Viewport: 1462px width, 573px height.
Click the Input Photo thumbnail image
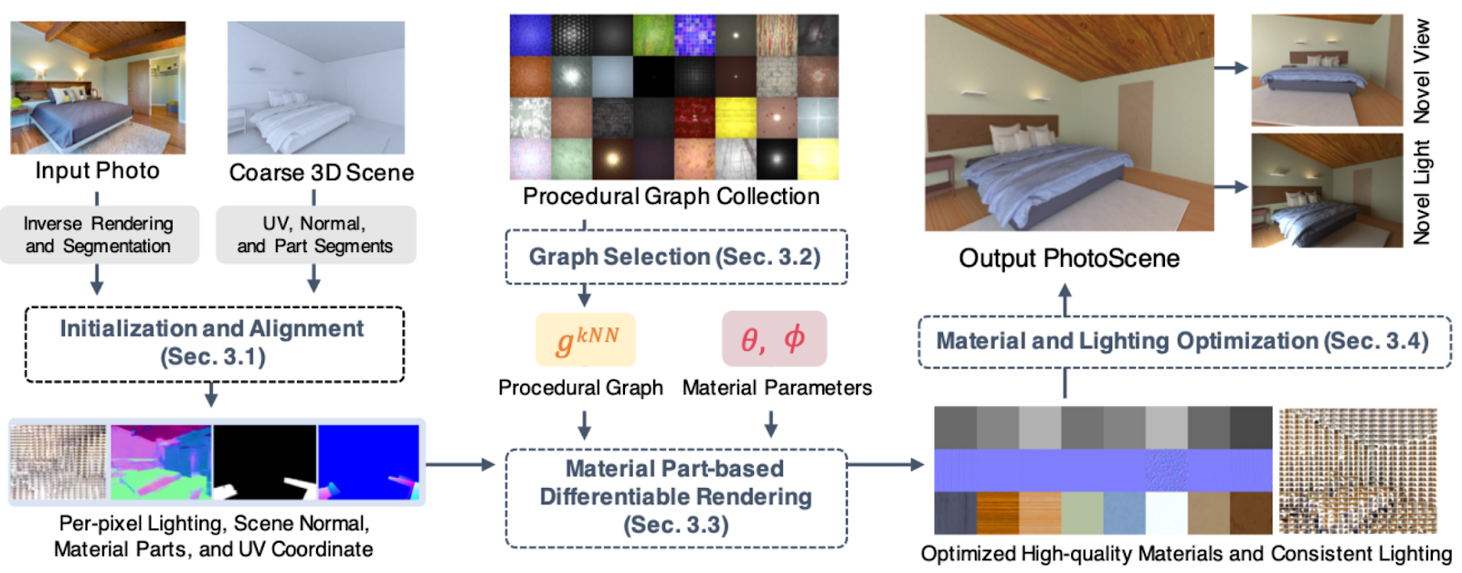(98, 88)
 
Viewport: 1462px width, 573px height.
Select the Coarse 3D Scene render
(316, 88)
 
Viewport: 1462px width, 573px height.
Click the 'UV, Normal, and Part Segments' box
(316, 235)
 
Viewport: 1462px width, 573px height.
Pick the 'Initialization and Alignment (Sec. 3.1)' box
(214, 344)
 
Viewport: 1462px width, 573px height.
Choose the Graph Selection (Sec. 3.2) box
(676, 257)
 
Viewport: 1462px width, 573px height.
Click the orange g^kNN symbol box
(586, 339)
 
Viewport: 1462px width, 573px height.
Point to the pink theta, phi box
(774, 339)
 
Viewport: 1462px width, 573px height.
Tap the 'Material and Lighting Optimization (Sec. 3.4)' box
(1184, 342)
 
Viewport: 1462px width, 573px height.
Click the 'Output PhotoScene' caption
(1069, 259)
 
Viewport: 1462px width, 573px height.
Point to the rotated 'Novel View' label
(1422, 71)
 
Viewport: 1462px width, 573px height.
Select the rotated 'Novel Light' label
(1422, 192)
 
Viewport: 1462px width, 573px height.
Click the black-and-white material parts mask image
(265, 462)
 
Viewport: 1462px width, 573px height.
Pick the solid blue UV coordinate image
(369, 462)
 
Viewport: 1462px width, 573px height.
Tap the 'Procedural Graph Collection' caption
(671, 196)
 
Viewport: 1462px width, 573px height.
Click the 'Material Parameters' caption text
(778, 387)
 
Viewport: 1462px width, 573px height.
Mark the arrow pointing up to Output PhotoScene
(1065, 300)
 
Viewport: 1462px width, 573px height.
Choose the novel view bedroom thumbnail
(1327, 70)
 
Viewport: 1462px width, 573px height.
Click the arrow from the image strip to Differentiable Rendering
(461, 464)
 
